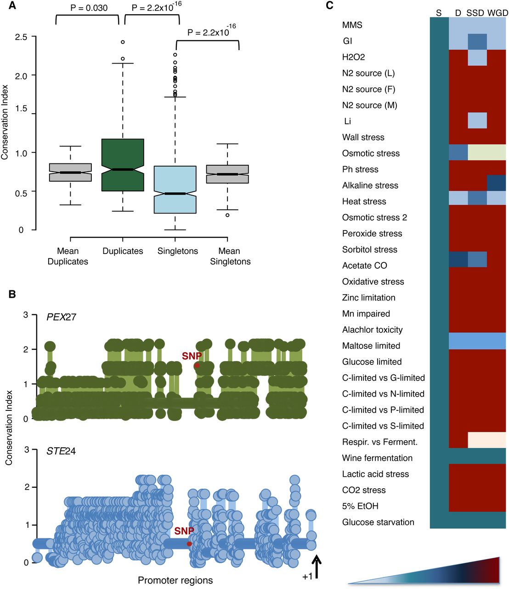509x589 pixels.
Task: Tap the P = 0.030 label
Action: click(89, 8)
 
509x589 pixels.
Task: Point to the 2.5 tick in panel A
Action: click(21, 37)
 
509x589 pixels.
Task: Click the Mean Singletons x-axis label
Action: click(230, 256)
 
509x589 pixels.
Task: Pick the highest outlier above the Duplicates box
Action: click(123, 42)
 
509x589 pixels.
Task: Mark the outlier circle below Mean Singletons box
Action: click(227, 215)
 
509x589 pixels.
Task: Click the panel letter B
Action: click(12, 294)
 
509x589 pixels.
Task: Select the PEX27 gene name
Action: click(61, 317)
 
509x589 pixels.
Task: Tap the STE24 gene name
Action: click(61, 451)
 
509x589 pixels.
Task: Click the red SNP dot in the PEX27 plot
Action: click(197, 366)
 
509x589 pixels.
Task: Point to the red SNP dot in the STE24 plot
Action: click(189, 544)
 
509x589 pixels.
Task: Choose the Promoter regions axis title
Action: click(175, 580)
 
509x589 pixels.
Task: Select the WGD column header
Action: click(498, 13)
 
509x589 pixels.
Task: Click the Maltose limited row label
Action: click(371, 346)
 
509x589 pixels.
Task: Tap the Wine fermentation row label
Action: click(377, 458)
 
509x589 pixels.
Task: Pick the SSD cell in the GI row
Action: click(477, 41)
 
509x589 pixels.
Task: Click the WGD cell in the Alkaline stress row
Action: click(496, 183)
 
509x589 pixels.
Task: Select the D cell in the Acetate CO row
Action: click(458, 260)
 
